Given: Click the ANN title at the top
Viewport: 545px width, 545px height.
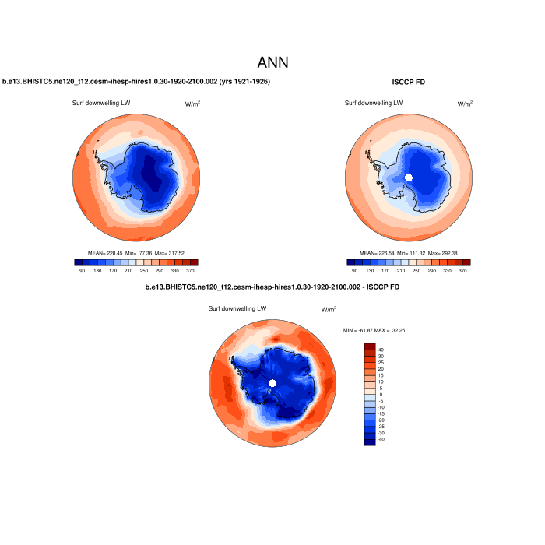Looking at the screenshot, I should (272, 62).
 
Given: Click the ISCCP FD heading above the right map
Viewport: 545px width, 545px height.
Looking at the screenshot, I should (409, 82).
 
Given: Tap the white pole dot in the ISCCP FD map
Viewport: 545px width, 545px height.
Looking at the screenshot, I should (409, 178).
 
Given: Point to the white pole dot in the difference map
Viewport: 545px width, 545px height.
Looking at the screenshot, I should (272, 383).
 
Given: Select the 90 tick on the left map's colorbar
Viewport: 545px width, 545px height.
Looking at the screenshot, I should (83, 270).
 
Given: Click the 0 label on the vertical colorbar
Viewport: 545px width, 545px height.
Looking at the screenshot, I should (381, 396).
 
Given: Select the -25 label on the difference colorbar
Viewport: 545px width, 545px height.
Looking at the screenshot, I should (381, 426).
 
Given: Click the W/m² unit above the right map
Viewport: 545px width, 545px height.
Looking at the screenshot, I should (465, 103).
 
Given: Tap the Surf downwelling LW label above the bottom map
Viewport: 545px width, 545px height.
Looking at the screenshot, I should (237, 308).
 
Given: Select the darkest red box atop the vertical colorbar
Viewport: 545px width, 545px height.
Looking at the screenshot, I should (370, 347).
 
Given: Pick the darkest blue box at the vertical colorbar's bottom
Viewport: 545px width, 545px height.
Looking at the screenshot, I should (370, 441).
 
